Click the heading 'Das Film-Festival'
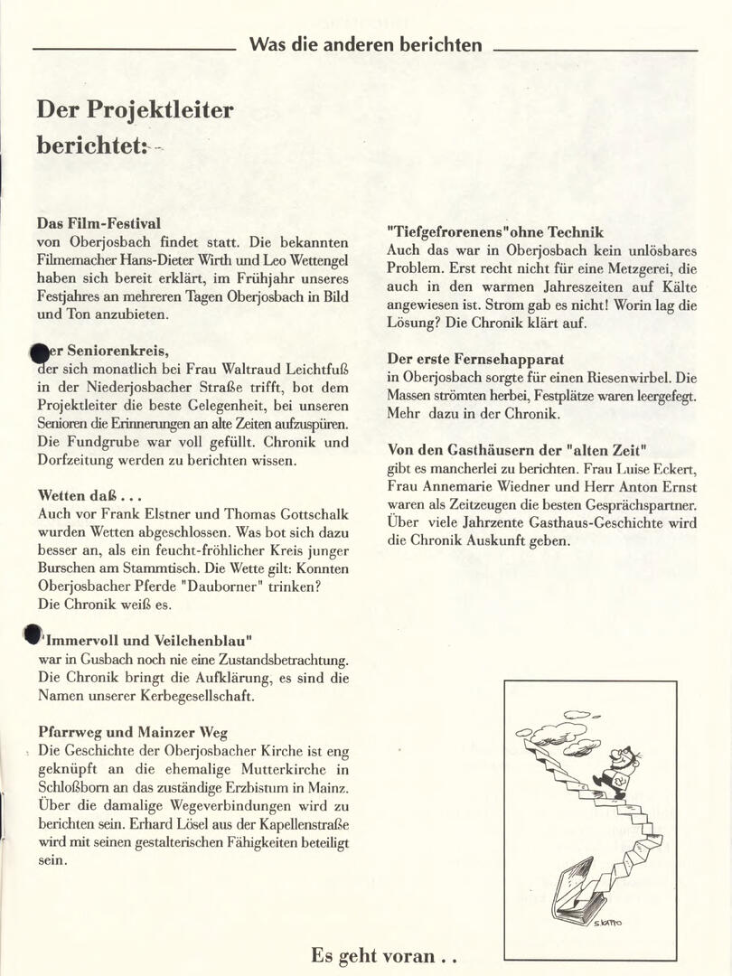pos(99,223)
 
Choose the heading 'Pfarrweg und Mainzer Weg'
pos(133,732)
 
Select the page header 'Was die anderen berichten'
pos(365,44)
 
